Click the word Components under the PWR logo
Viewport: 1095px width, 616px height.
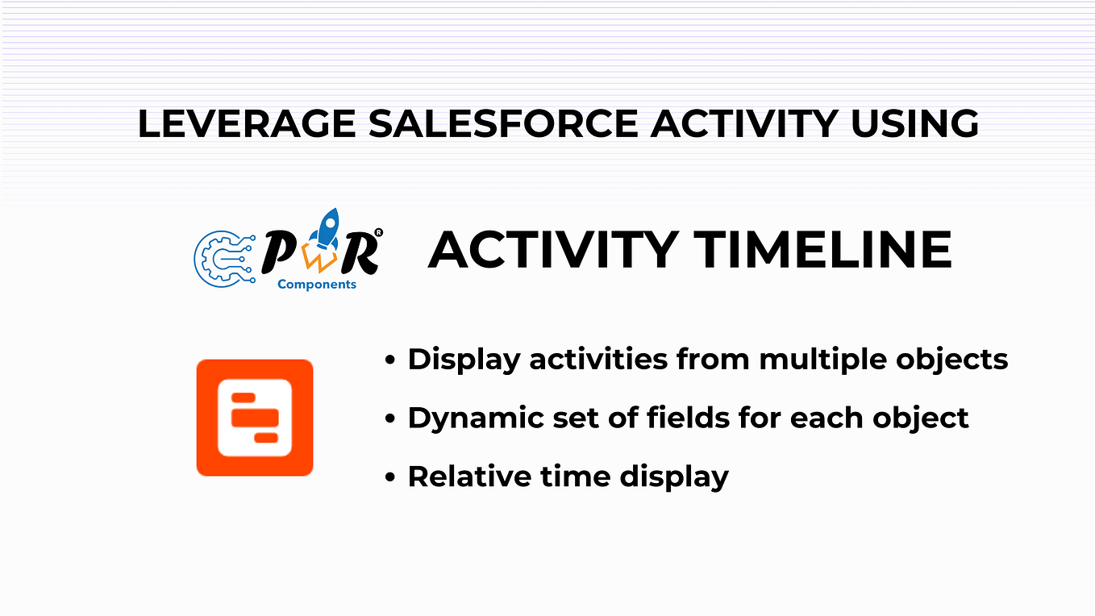[316, 284]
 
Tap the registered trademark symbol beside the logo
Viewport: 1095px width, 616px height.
[378, 234]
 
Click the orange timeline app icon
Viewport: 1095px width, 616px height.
[255, 418]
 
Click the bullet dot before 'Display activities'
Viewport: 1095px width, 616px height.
[390, 360]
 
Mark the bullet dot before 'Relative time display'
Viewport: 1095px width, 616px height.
[390, 477]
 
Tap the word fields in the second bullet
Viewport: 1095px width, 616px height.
[690, 418]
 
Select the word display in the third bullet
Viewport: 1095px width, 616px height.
[673, 477]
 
